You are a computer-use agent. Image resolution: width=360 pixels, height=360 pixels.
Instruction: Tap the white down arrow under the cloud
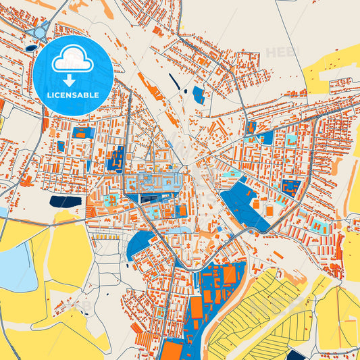coord(72,79)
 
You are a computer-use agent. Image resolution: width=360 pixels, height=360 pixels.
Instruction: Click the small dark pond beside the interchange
coord(31,47)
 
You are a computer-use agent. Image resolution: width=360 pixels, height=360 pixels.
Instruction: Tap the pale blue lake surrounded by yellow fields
coord(17,266)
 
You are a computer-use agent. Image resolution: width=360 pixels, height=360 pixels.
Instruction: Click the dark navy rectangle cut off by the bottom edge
coord(294,355)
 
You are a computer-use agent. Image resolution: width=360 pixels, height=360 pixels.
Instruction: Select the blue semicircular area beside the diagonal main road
coord(140,245)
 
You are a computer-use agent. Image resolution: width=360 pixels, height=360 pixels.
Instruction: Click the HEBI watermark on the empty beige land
coord(282,52)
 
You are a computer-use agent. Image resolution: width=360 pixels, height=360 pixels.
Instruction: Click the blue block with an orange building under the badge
coord(84,133)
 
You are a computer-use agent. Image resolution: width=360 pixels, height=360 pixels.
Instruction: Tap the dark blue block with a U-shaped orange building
coord(291,186)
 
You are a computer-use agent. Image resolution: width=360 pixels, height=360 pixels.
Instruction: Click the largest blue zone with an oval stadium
coord(243,203)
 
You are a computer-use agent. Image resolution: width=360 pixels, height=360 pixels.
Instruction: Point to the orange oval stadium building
coord(270,211)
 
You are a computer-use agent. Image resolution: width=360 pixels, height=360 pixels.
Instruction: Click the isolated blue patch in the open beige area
coord(198,95)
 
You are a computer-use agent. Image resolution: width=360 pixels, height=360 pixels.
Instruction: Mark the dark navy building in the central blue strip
coord(150,197)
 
